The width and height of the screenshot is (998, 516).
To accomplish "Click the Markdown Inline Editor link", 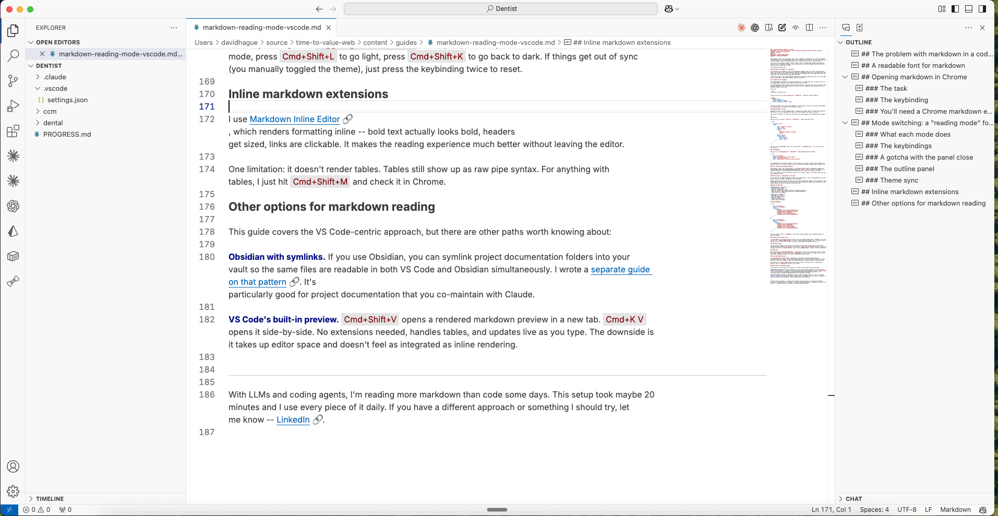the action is pos(294,119).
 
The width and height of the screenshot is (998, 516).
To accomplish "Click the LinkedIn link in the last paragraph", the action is pos(293,419).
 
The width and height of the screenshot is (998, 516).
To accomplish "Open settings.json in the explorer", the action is pos(67,100).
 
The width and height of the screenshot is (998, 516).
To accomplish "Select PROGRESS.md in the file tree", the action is pos(67,134).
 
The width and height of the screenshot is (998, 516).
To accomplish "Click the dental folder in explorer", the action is pos(53,123).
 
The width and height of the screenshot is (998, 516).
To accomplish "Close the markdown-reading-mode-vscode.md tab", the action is pos(329,28).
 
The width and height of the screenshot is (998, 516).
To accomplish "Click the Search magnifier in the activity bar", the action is pos(13,55).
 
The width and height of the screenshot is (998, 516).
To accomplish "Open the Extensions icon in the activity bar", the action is pos(13,131).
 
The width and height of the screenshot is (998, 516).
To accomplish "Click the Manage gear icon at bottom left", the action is pos(13,491).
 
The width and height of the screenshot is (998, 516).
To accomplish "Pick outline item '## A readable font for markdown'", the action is pos(918,65).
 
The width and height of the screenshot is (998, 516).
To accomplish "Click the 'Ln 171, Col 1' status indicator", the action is pos(831,510).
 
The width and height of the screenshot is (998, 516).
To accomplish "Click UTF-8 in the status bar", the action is pos(907,510).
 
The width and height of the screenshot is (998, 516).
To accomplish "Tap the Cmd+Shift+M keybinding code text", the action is pos(320,182).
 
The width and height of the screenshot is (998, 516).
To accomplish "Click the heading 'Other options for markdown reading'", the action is pos(331,207).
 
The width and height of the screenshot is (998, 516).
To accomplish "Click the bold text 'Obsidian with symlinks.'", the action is pos(276,257).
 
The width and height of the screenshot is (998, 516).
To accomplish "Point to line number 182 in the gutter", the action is pos(207,319).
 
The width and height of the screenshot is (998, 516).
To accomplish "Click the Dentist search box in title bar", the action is pos(501,9).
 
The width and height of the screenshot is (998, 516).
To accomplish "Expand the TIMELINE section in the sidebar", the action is pos(50,499).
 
